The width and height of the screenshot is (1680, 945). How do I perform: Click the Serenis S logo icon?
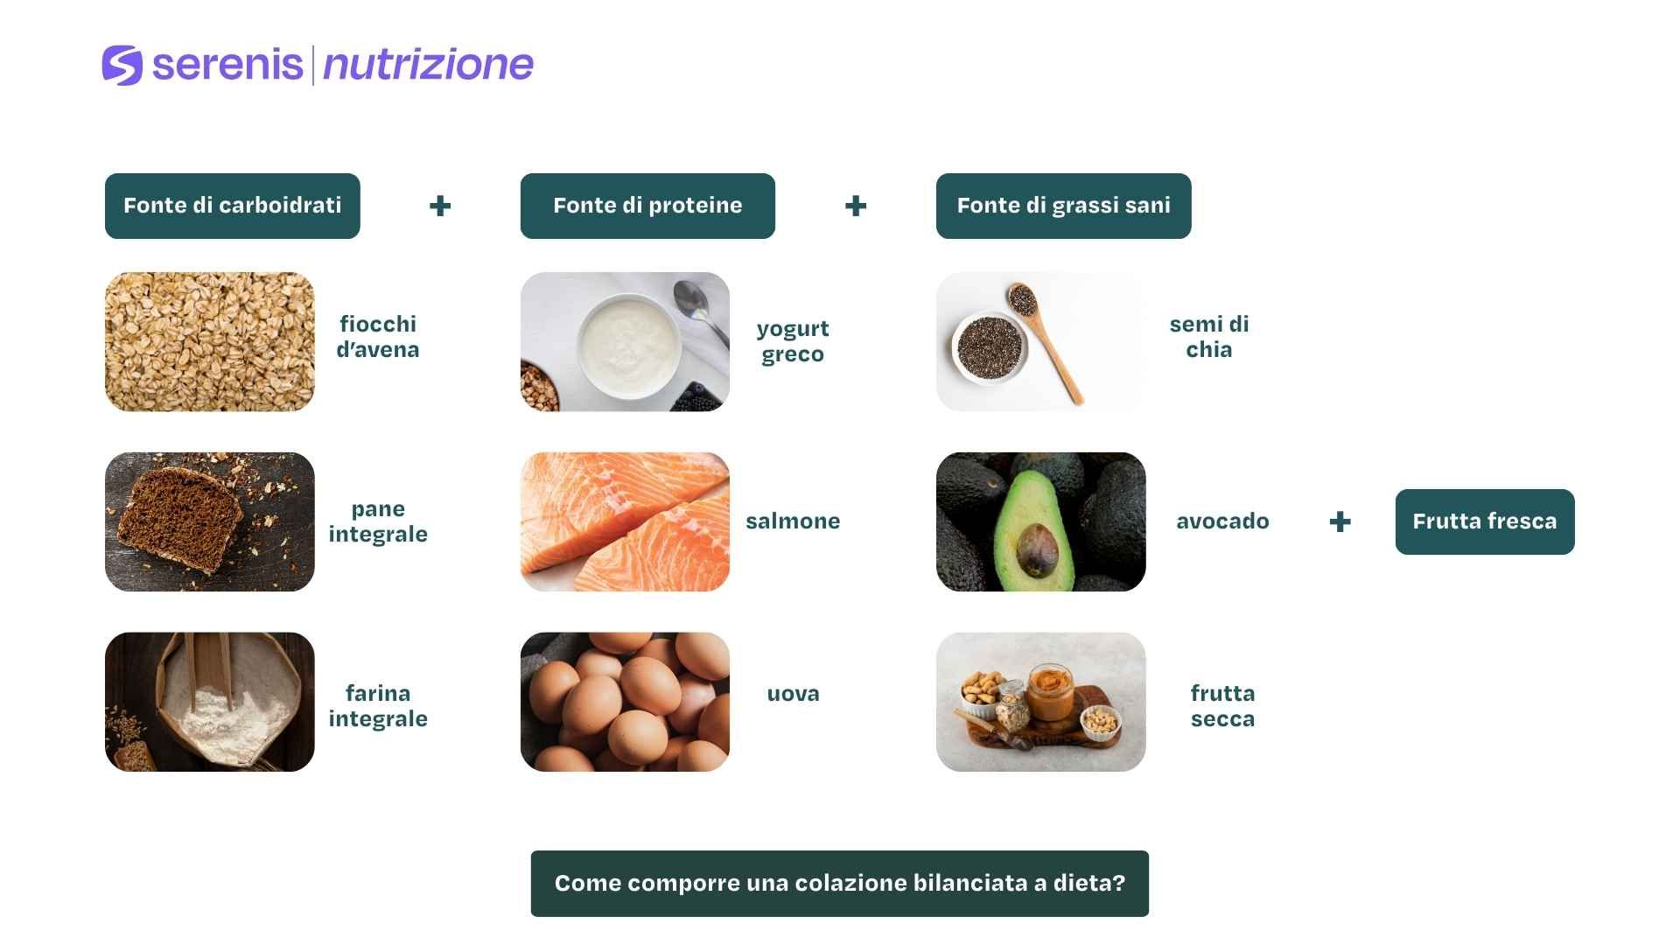[122, 65]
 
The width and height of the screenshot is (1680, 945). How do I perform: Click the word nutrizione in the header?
[428, 65]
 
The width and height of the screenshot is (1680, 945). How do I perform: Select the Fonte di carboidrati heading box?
[232, 206]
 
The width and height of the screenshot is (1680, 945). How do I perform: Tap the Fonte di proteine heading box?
[647, 206]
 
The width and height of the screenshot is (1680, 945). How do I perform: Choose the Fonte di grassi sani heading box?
[1063, 206]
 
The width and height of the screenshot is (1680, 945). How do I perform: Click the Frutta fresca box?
[1484, 521]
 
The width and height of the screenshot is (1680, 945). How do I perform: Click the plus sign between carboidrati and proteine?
[440, 206]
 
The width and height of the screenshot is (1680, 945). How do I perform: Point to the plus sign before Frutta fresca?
[1340, 522]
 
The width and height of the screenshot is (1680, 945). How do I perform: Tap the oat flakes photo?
[209, 341]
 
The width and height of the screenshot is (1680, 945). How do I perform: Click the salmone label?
[793, 521]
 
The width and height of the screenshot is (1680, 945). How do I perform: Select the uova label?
[793, 694]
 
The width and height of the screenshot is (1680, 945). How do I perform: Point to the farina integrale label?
[378, 706]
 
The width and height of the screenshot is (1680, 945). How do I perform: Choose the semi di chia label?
[1208, 337]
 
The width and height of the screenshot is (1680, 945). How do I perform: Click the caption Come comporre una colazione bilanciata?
[839, 883]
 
